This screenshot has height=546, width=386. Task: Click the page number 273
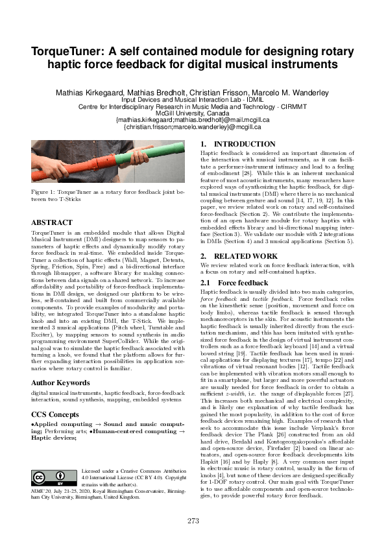(193, 520)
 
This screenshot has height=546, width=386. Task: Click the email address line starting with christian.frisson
(193, 127)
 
